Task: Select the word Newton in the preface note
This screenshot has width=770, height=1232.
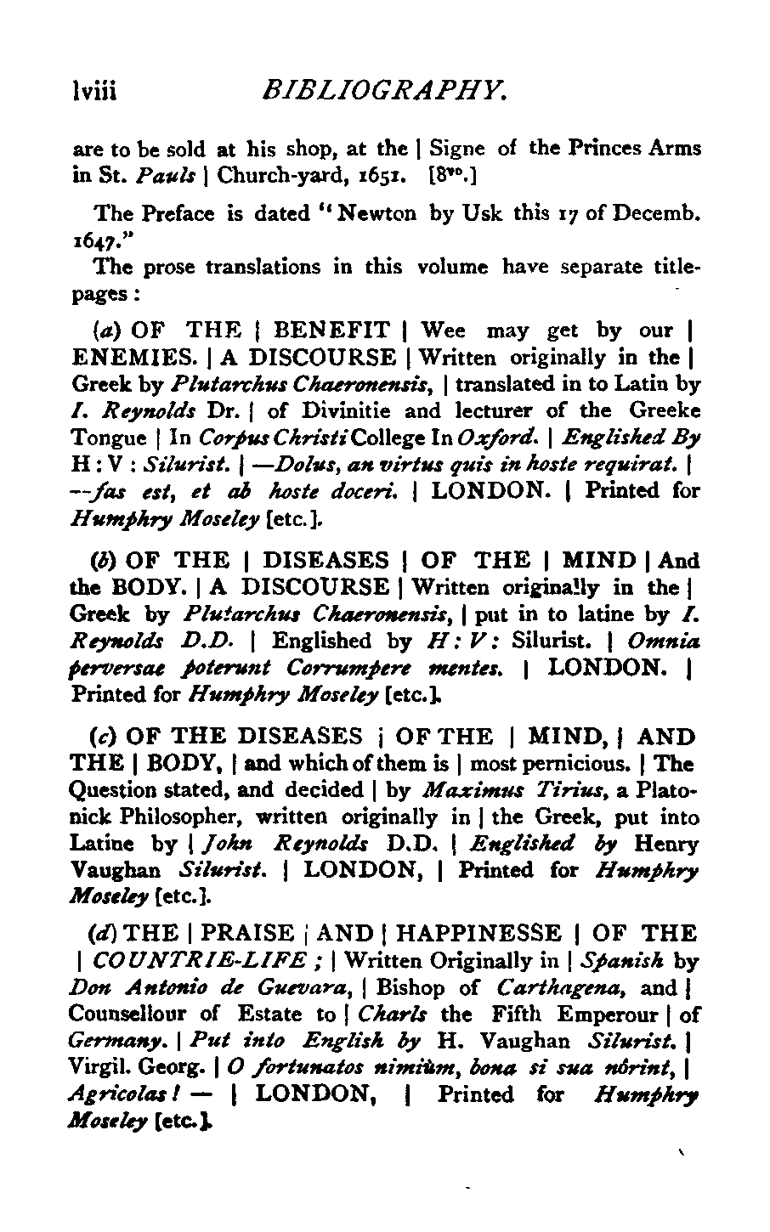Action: (x=377, y=213)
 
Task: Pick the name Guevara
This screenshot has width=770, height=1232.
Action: (x=317, y=987)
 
